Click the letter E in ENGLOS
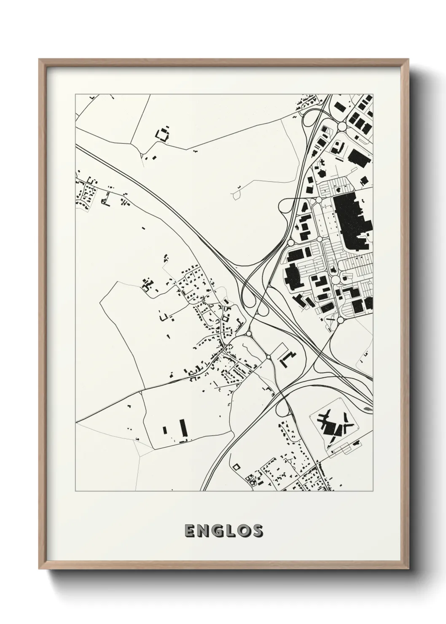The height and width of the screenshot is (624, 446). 189,531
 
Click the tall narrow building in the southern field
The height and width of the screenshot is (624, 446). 183,428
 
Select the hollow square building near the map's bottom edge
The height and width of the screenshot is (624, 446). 236,466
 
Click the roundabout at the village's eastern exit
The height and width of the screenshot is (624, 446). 248,334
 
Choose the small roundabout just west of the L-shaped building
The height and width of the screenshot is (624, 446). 269,357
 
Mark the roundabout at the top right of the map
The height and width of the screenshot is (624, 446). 341,126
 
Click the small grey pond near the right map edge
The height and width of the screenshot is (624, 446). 368,409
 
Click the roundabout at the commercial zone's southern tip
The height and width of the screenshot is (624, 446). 340,320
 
